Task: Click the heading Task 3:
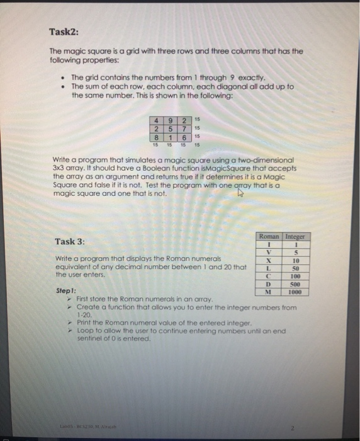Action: pyautogui.click(x=69, y=241)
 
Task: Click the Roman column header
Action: pyautogui.click(x=269, y=236)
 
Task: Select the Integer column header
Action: pyautogui.click(x=295, y=236)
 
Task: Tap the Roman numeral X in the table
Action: pyautogui.click(x=269, y=259)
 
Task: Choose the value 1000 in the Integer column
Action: pyautogui.click(x=295, y=292)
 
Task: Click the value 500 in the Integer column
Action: pyautogui.click(x=295, y=283)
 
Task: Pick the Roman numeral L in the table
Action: pyautogui.click(x=269, y=267)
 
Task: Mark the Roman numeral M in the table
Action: pyautogui.click(x=269, y=292)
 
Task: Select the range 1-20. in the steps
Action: pyautogui.click(x=84, y=313)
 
